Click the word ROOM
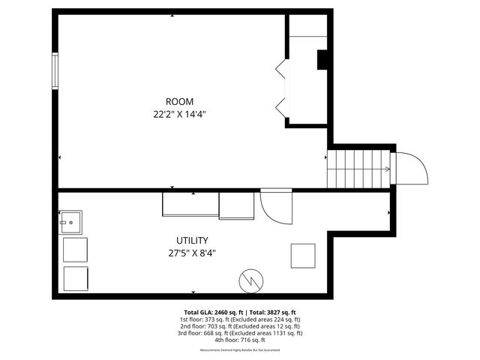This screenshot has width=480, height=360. [x=179, y=102]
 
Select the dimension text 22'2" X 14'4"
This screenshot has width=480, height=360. [x=179, y=115]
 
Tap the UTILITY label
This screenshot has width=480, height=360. [x=192, y=241]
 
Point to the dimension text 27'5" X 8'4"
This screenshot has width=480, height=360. [x=192, y=253]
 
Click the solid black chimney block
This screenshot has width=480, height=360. [x=322, y=60]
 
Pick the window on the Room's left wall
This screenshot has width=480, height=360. [x=54, y=71]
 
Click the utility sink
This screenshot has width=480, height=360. [x=71, y=222]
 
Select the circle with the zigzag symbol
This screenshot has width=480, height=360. [x=250, y=280]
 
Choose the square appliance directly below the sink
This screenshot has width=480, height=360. [x=75, y=248]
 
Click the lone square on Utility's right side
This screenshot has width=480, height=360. [x=303, y=256]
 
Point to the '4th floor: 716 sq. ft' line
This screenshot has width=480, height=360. [x=240, y=340]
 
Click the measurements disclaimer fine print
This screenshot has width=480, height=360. [x=240, y=350]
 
